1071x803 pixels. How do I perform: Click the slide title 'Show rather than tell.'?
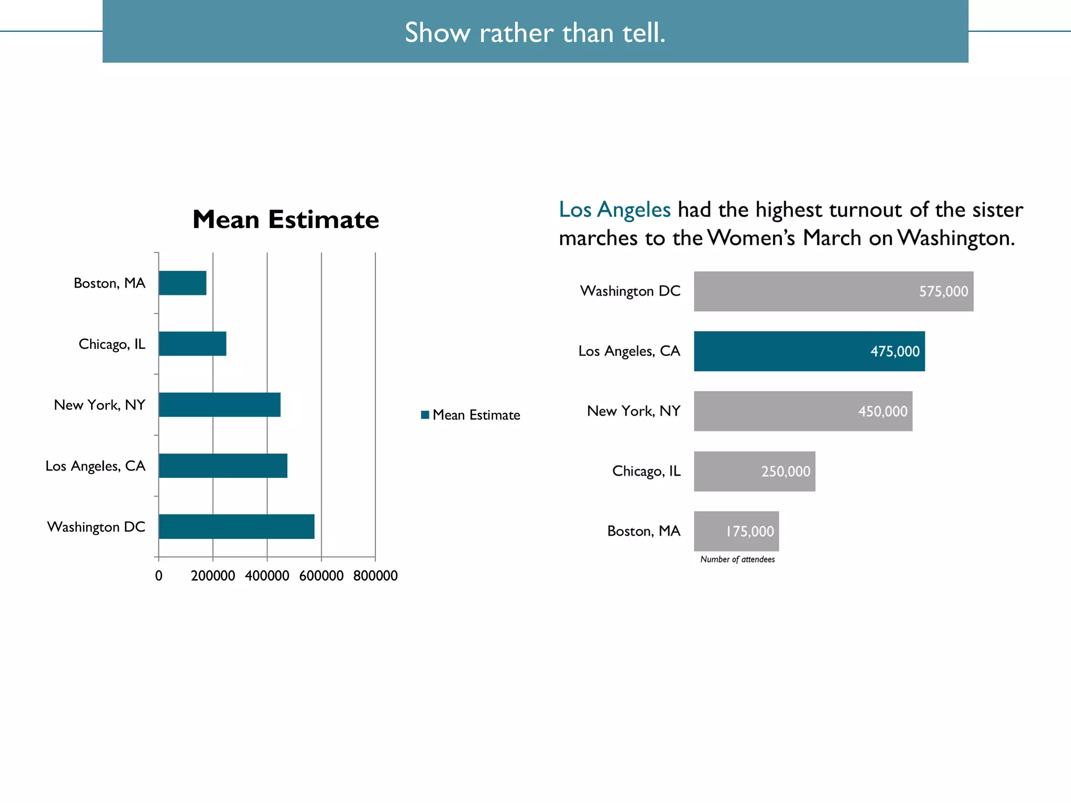(535, 32)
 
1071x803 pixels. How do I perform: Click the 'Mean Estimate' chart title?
(286, 220)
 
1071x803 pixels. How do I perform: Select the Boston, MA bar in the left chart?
(183, 283)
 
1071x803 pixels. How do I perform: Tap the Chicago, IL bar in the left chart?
(192, 343)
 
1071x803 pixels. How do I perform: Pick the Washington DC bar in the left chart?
(236, 526)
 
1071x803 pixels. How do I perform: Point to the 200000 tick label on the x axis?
(213, 576)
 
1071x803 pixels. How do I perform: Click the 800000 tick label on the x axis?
(375, 576)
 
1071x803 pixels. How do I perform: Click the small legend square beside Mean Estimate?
(425, 415)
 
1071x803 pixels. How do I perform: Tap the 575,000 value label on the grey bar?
(943, 291)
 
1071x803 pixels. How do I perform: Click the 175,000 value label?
(749, 531)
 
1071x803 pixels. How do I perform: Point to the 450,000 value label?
(883, 411)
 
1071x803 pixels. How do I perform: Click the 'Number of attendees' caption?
(737, 559)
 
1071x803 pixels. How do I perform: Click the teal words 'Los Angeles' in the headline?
(614, 210)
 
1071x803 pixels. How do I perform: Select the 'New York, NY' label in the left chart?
(99, 405)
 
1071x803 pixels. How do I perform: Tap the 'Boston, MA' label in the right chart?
(644, 531)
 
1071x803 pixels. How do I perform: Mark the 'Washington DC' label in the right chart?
(630, 291)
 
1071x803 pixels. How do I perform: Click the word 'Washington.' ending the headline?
(956, 238)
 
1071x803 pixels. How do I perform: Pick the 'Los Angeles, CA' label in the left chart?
(95, 466)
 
